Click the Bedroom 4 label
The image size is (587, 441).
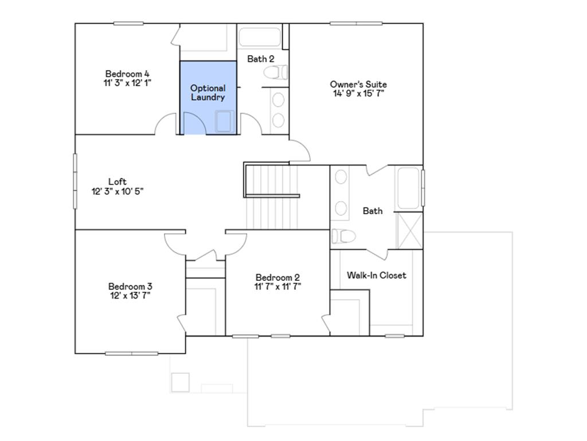tap(127, 73)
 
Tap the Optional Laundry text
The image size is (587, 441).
tap(208, 92)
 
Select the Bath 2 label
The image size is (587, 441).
tap(260, 59)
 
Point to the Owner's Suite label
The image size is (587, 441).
tap(358, 84)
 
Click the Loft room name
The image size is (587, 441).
tap(117, 182)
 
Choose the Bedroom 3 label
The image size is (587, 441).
tap(130, 287)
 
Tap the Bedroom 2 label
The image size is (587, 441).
tap(277, 276)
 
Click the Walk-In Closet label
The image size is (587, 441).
tap(376, 275)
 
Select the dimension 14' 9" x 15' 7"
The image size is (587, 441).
tap(358, 94)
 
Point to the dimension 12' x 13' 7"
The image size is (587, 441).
tap(130, 296)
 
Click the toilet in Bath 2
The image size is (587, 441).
tap(276, 72)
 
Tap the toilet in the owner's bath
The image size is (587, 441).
tap(343, 236)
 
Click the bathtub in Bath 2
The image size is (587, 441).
tap(260, 37)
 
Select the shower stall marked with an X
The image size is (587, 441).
tap(409, 230)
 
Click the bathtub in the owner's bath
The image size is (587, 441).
tap(409, 188)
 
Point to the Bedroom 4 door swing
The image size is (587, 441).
tap(166, 123)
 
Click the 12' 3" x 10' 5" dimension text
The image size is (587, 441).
tap(117, 191)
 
